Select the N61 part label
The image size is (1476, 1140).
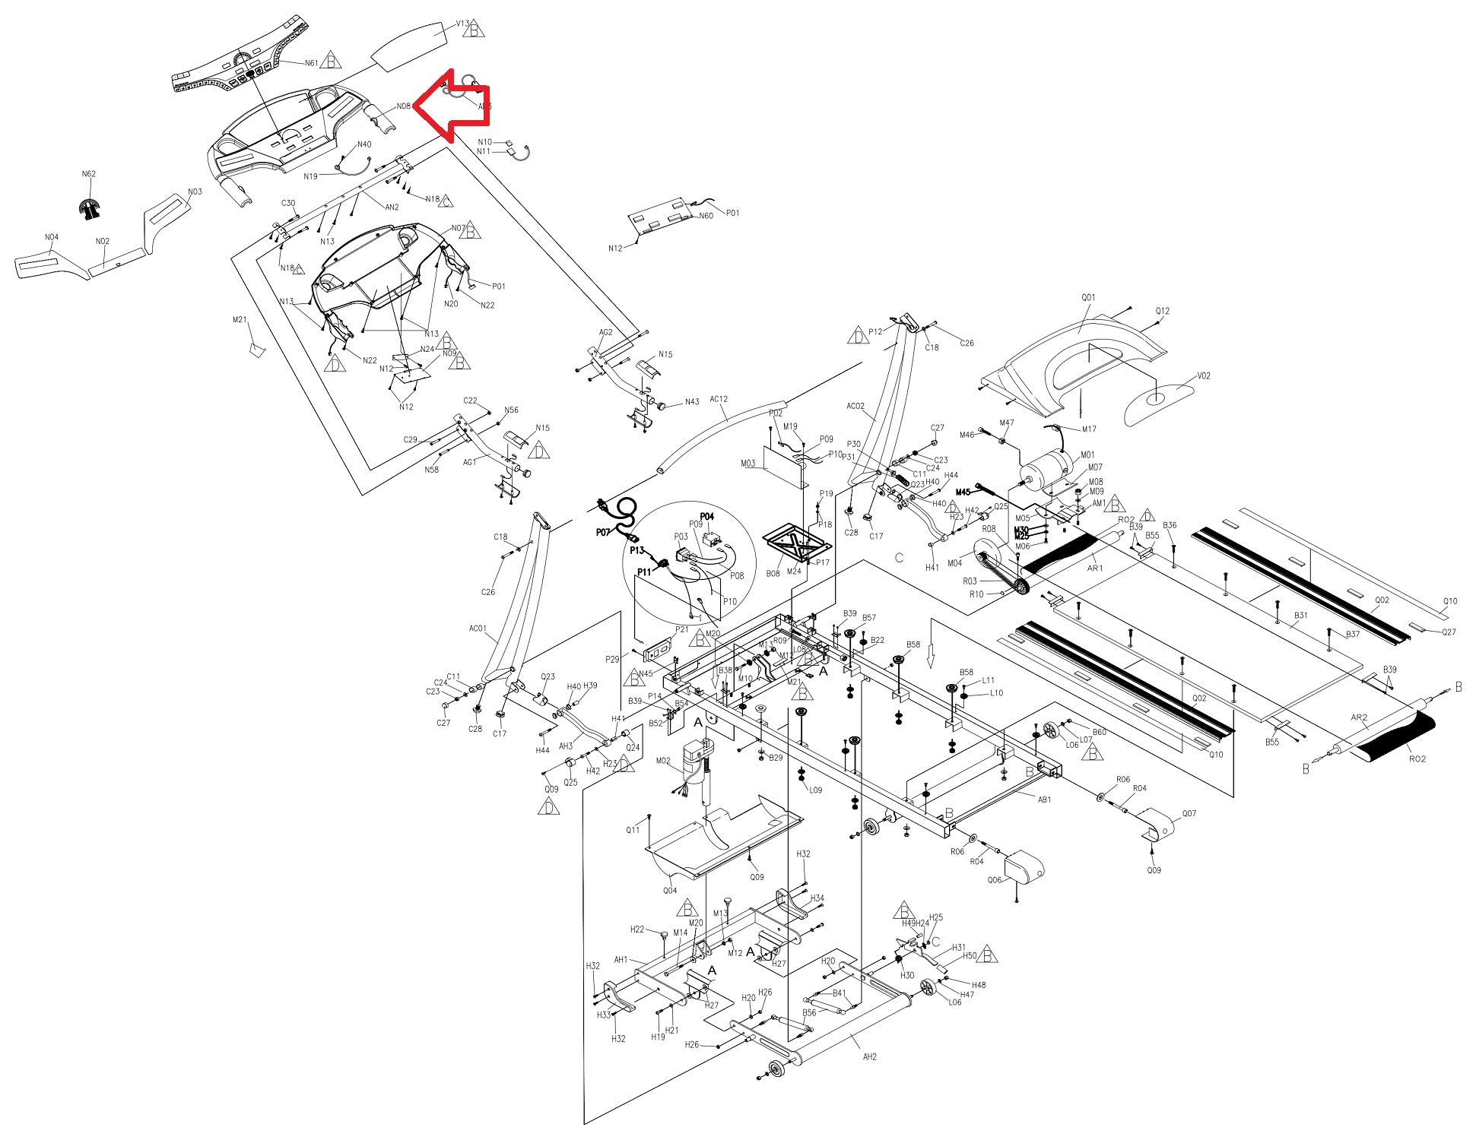[x=311, y=63]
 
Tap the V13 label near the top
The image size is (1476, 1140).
[x=462, y=24]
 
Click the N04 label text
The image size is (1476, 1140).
[x=51, y=238]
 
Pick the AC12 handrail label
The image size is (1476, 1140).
[x=719, y=399]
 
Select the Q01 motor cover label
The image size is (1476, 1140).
[x=1088, y=298]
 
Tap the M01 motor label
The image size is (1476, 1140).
[x=1088, y=455]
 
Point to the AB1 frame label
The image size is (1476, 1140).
[x=1045, y=800]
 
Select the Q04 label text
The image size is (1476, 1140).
[x=669, y=891]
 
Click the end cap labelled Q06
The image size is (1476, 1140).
[x=1024, y=868]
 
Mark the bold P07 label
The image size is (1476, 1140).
[x=605, y=532]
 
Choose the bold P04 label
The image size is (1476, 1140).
[x=707, y=517]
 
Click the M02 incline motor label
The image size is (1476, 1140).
[x=662, y=760]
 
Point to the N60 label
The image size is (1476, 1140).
[x=706, y=216]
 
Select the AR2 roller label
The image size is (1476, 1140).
[x=1359, y=717]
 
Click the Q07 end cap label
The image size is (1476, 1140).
[x=1189, y=814]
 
